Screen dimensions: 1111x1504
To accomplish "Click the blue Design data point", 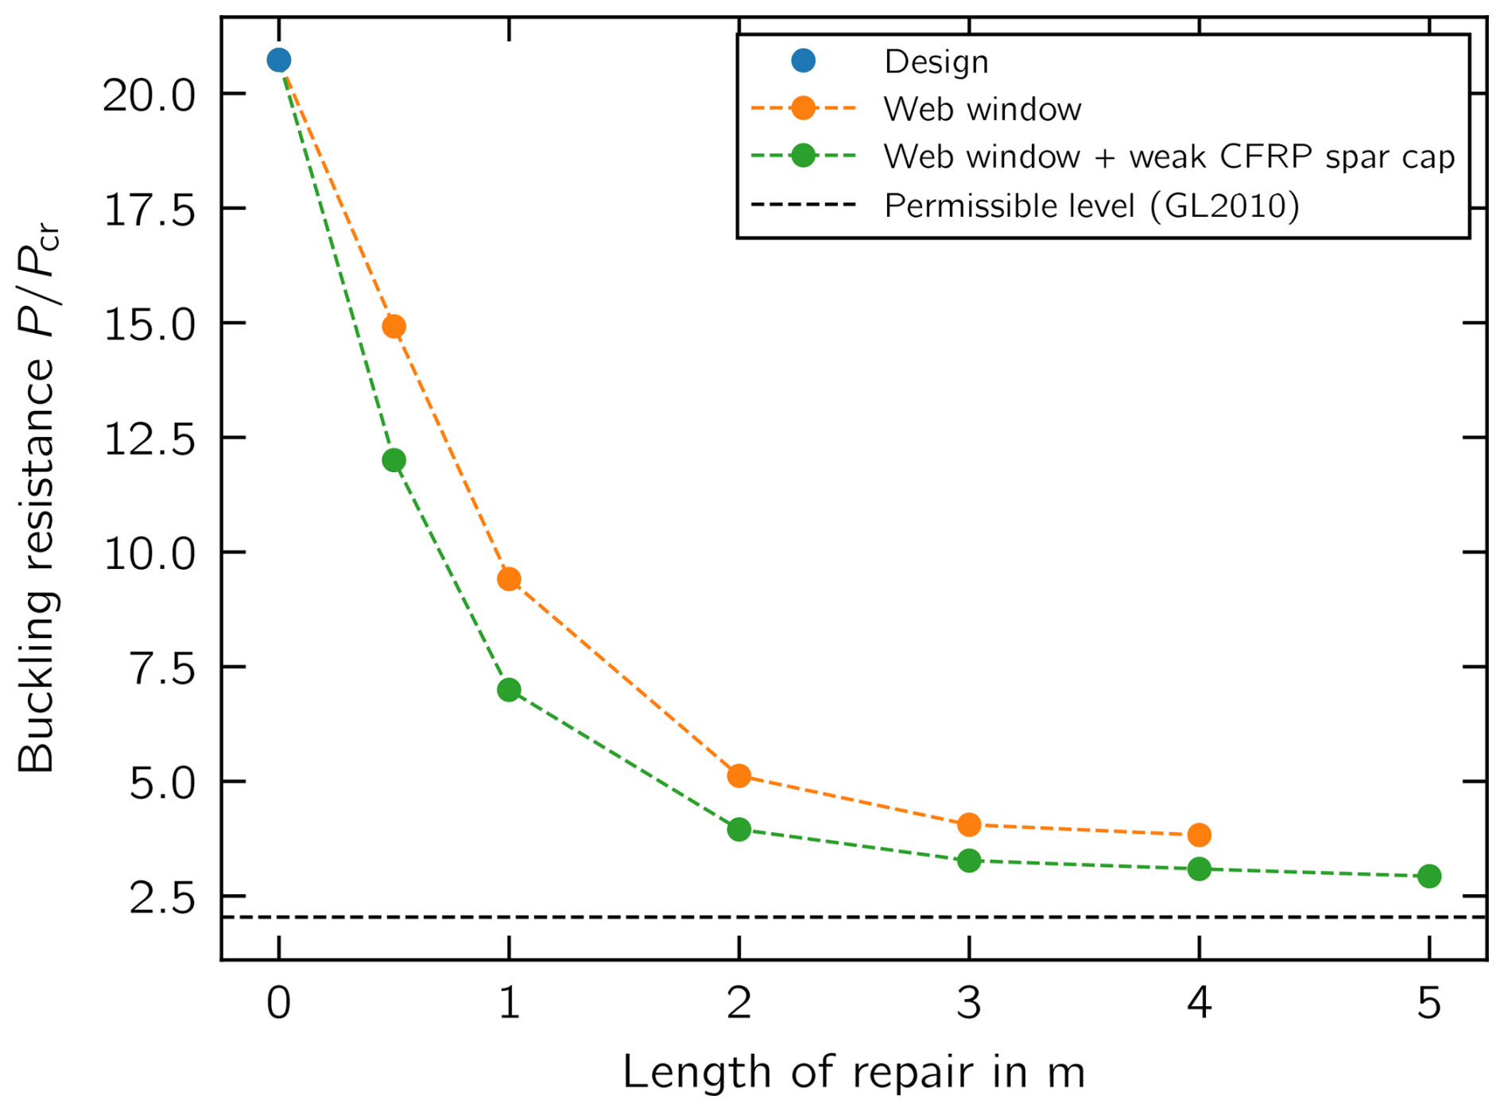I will [278, 60].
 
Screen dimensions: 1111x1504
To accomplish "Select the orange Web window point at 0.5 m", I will [394, 326].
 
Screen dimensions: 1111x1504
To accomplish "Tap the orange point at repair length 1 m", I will [509, 579].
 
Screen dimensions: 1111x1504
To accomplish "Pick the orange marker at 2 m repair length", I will [738, 776].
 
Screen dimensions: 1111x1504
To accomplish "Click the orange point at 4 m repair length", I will [1199, 834].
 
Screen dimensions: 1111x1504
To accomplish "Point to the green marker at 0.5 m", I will [394, 460].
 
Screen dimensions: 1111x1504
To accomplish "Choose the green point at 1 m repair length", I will [509, 690].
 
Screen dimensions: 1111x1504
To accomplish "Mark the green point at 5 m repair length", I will [1428, 876].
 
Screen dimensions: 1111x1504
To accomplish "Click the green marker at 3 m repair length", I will [969, 861].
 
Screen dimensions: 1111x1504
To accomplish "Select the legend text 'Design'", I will [936, 62].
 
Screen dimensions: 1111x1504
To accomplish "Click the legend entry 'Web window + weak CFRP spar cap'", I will [1169, 157].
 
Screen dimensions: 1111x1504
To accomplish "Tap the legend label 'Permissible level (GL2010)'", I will [1091, 206].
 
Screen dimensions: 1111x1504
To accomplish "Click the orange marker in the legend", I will [803, 108].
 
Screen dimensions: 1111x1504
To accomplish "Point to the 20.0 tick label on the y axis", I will [149, 95].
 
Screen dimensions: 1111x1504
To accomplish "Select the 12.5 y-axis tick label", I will [149, 439].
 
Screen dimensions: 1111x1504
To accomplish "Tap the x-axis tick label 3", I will [969, 1003].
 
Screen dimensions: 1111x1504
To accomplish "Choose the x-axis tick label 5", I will [1428, 1003].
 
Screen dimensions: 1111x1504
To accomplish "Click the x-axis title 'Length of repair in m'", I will [853, 1073].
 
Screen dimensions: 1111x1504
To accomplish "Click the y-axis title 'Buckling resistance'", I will [37, 564].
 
